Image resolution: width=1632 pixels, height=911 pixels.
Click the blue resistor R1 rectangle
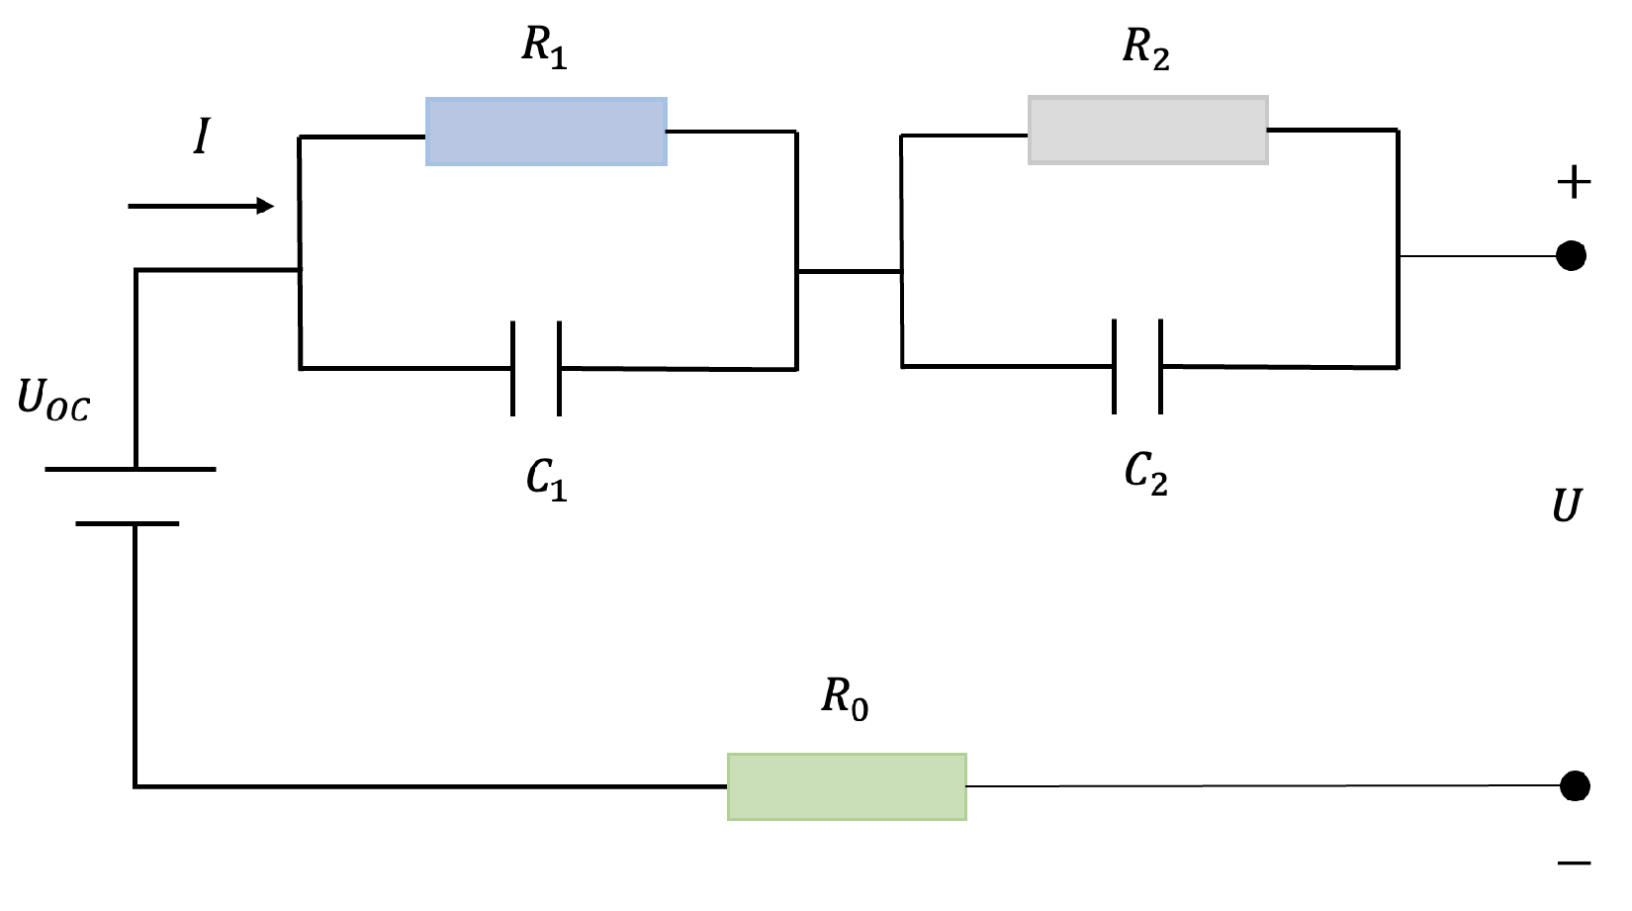click(x=546, y=132)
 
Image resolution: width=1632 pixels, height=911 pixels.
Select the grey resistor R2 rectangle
click(x=1147, y=130)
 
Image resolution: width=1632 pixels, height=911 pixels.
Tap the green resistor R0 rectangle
click(x=847, y=786)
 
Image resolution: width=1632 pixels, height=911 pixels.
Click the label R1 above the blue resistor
click(x=544, y=47)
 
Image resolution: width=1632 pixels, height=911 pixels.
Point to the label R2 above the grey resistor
click(x=1145, y=47)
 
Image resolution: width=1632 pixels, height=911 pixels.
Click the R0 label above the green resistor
click(x=845, y=698)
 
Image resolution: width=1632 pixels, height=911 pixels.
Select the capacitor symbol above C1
click(x=536, y=368)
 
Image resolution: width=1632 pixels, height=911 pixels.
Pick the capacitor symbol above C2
click(x=1137, y=366)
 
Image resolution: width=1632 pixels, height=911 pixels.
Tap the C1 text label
click(x=546, y=480)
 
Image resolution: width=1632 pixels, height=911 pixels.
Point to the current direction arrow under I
click(x=201, y=206)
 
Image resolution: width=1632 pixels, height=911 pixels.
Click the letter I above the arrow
click(x=202, y=137)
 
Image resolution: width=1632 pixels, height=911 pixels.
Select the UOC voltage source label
click(x=53, y=401)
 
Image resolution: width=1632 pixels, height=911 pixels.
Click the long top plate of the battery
click(x=131, y=469)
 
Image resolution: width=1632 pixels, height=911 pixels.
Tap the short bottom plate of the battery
click(x=128, y=522)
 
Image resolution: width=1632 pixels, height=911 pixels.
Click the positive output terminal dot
click(x=1571, y=255)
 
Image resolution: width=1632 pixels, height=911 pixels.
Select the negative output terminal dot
click(x=1575, y=785)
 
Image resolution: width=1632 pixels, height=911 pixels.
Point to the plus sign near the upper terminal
click(x=1574, y=183)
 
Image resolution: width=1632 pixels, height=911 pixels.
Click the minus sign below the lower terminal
click(x=1574, y=864)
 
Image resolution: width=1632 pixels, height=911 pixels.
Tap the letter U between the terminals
click(x=1567, y=505)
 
